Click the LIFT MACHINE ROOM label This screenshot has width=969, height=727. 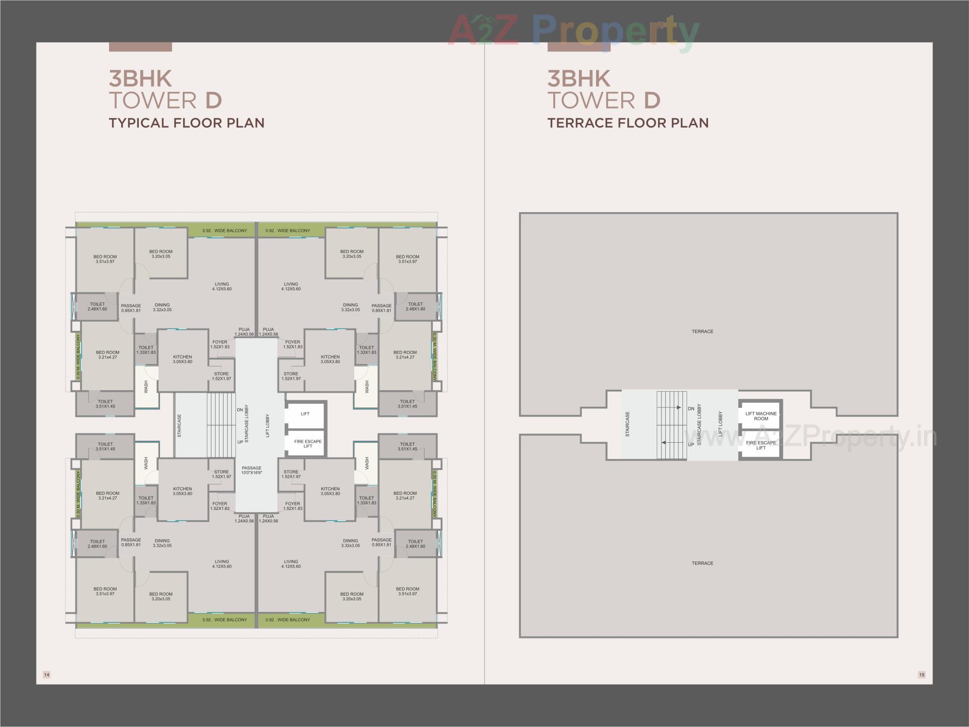(x=761, y=416)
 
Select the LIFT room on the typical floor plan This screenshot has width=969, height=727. (x=305, y=414)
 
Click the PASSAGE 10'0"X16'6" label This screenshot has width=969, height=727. (x=251, y=470)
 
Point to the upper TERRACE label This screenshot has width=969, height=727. (x=702, y=332)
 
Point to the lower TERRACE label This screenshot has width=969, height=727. (x=702, y=563)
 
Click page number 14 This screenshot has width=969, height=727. (x=46, y=674)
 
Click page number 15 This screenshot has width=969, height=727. (x=922, y=674)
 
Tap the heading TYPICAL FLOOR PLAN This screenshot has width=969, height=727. (x=187, y=123)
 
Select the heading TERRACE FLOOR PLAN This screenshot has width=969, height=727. (x=628, y=123)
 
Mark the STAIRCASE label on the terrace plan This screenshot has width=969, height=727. (x=627, y=424)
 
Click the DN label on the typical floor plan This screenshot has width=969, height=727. (x=240, y=410)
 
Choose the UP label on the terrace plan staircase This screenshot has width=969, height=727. (x=690, y=445)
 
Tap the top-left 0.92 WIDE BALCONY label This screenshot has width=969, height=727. (x=225, y=231)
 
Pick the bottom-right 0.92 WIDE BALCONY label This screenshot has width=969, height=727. (x=288, y=619)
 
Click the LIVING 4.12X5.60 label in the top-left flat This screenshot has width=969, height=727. (x=222, y=286)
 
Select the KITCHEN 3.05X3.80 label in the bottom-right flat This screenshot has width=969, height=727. (x=330, y=491)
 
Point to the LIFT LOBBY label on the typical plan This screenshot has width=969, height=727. (x=267, y=426)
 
